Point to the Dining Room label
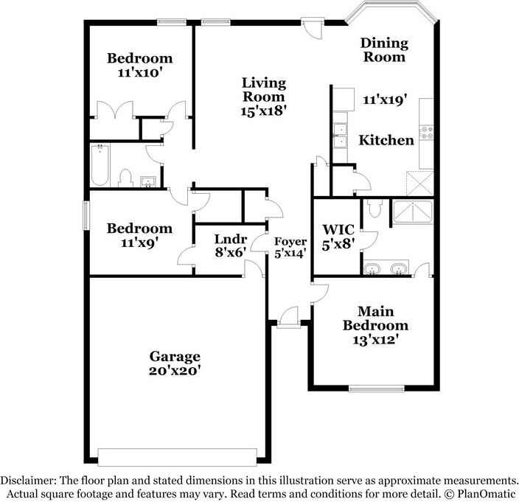pos(383,49)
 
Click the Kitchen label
pos(386,139)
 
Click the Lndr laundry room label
pos(229,239)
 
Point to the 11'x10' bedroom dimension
pos(140,74)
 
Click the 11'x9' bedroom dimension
pos(140,242)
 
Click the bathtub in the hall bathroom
pos(100,166)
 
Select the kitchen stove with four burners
pos(426,133)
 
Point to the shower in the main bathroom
pos(412,212)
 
